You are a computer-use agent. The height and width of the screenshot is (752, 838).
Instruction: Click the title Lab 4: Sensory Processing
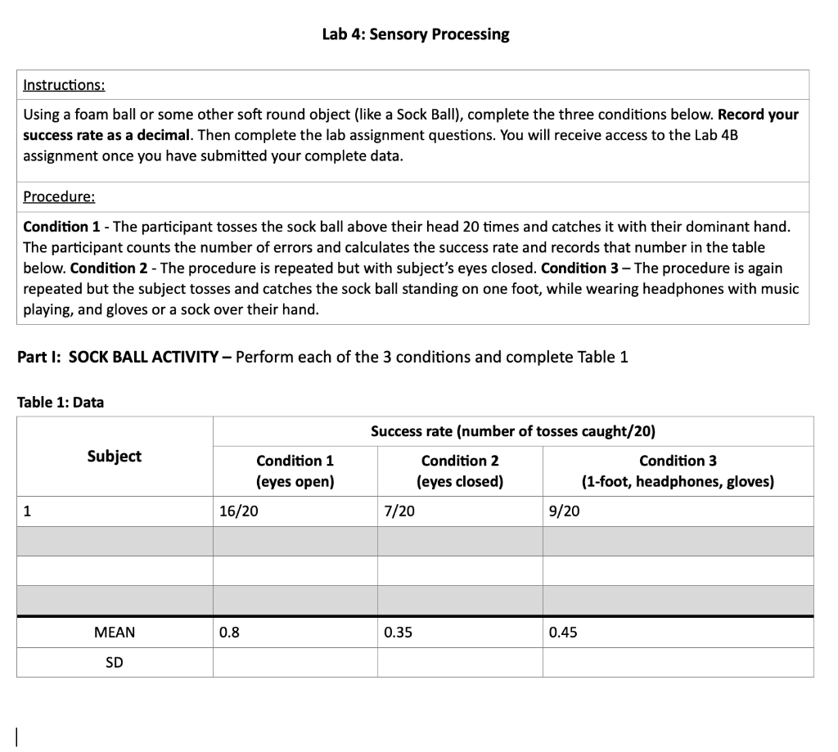415,34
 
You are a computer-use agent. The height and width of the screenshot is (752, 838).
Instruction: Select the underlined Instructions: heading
64,85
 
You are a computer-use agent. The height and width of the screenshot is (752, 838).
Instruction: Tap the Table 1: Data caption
61,402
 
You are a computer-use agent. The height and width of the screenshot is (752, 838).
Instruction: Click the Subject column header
114,457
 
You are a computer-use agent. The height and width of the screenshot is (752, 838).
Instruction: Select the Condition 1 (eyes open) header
295,471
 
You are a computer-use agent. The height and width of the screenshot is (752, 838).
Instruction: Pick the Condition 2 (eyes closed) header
459,471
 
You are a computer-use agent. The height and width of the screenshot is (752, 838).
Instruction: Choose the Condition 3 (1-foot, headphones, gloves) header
677,471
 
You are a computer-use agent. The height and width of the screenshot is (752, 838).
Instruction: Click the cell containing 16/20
236,511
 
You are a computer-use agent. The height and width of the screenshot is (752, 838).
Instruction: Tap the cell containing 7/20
399,511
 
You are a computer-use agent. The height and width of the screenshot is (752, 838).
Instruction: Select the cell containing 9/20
564,511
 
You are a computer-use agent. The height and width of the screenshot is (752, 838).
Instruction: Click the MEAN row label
115,633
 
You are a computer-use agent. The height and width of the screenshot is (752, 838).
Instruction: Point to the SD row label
115,663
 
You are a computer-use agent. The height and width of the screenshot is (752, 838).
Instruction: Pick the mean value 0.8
229,633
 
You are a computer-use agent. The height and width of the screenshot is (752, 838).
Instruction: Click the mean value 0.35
397,633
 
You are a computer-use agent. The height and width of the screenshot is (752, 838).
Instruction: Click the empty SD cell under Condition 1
295,663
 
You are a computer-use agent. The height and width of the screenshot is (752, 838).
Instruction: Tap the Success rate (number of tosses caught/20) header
513,431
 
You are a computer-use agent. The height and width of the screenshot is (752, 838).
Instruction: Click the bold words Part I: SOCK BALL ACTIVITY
123,358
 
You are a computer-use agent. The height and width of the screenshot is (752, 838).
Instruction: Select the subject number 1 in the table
28,511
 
